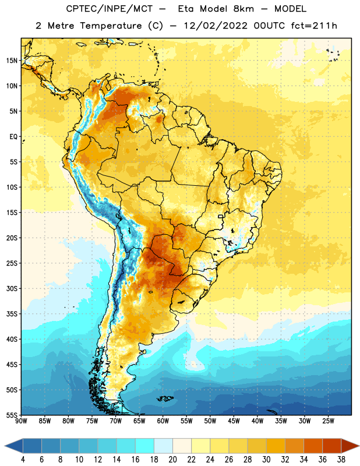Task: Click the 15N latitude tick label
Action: pos(11,61)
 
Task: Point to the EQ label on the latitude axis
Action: pos(13,137)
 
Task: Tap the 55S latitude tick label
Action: pos(12,415)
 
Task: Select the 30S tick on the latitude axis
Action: pos(12,288)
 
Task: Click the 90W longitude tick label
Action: pos(21,421)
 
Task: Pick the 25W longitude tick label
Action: pos(328,421)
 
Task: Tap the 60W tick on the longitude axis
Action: pos(163,421)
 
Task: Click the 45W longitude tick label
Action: pos(234,421)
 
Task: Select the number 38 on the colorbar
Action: pos(341,460)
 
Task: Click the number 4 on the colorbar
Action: pos(23,460)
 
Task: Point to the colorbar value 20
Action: pos(172,460)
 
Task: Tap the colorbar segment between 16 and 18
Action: pos(145,446)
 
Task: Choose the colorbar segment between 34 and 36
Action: pos(313,446)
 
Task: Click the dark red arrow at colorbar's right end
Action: pos(350,446)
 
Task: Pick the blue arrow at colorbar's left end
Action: pos(14,446)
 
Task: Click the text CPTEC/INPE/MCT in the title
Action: pos(109,9)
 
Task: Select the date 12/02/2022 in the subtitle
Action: pos(216,26)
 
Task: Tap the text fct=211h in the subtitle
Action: pos(314,26)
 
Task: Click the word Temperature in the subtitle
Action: pos(111,26)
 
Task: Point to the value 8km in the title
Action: pos(243,9)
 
